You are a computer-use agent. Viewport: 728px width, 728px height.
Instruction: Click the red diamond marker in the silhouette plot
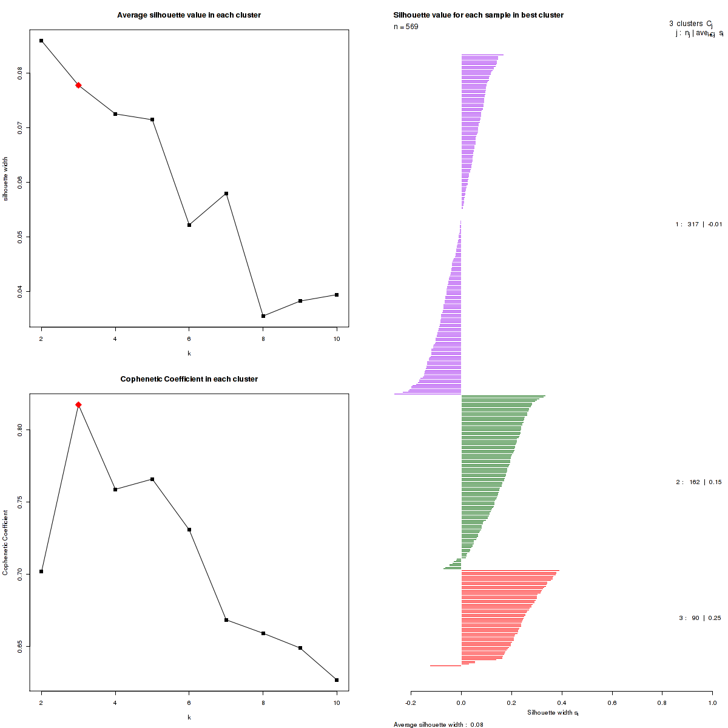coord(78,86)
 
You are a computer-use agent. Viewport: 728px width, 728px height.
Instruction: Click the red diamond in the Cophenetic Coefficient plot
coord(78,405)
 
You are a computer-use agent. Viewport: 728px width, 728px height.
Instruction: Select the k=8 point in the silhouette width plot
coord(263,316)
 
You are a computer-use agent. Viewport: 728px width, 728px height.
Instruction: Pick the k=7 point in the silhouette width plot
coord(226,194)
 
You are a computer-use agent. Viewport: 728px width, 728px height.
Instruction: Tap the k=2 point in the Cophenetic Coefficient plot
coord(41,571)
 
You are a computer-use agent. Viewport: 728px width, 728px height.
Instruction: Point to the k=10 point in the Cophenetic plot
coord(337,680)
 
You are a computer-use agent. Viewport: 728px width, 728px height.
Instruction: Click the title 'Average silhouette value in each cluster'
coord(189,15)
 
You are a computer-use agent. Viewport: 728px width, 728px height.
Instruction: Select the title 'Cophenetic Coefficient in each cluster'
coord(189,379)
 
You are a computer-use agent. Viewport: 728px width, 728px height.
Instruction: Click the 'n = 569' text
coord(406,27)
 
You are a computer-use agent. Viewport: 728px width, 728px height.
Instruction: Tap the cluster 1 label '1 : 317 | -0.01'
coord(699,224)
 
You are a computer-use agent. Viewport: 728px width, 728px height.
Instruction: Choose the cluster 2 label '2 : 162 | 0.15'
coord(699,482)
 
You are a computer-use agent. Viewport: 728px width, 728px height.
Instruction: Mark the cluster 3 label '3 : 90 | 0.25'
coord(700,618)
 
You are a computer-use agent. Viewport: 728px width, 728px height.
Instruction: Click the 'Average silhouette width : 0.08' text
coord(438,724)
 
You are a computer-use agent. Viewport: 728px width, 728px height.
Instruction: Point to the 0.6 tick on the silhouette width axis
coord(612,703)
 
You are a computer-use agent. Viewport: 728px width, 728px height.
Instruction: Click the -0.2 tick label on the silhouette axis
coord(411,703)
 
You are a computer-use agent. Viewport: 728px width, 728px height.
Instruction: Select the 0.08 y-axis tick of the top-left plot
coord(20,73)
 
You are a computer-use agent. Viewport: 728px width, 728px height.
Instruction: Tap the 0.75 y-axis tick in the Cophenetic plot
coord(20,502)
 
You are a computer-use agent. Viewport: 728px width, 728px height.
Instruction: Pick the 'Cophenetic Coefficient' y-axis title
coord(5,542)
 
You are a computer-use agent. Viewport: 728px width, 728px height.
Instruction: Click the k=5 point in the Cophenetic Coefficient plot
coord(152,479)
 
